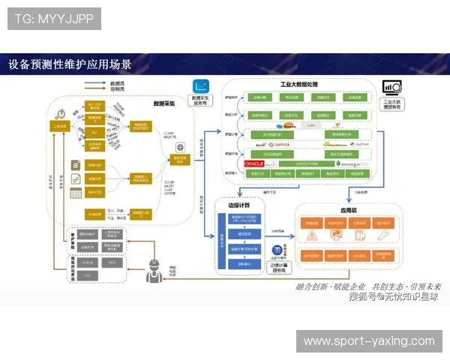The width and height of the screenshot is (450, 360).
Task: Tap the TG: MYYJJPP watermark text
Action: [x=54, y=18]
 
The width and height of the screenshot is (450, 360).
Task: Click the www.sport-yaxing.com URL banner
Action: [x=368, y=341]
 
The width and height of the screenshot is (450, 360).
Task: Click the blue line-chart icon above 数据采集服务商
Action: [x=201, y=86]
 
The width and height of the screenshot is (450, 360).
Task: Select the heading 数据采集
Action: [x=164, y=103]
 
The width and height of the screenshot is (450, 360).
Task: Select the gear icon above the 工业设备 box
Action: [x=61, y=112]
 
